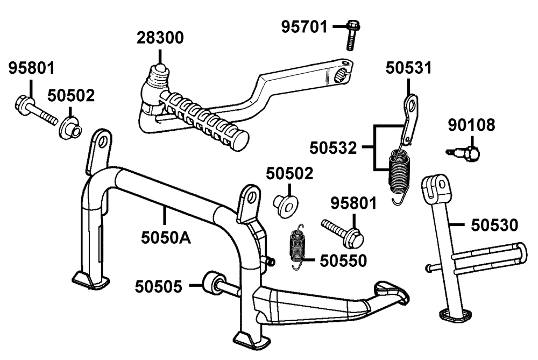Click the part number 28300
160,38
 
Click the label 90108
472,126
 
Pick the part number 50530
494,224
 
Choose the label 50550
343,260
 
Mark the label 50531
408,68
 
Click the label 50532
333,147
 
